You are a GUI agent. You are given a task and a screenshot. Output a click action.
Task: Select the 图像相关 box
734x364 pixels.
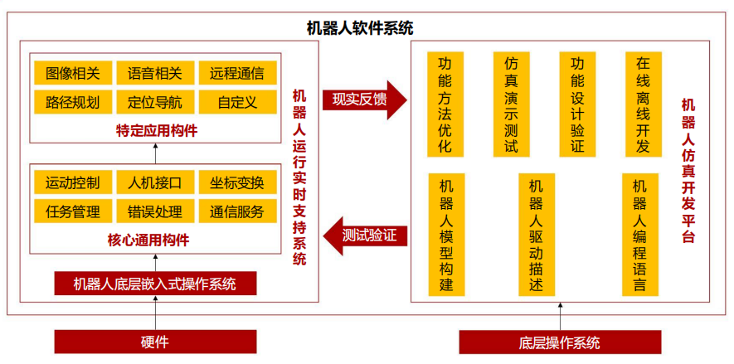(x=73, y=73)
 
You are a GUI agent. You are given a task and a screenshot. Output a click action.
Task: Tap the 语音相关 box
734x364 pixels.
(x=155, y=73)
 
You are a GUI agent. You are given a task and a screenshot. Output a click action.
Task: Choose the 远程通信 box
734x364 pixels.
(x=237, y=73)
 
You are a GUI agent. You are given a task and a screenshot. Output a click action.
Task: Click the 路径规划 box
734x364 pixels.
(x=73, y=102)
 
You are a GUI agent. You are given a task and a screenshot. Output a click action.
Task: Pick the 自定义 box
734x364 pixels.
(x=237, y=102)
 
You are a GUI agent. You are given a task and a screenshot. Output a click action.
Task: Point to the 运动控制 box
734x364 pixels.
(x=73, y=182)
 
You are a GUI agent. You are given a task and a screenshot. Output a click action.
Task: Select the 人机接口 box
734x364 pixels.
(x=155, y=182)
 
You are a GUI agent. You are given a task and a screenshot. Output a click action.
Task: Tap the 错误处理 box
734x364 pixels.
(x=155, y=211)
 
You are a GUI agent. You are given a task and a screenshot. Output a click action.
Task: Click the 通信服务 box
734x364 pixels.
(x=237, y=211)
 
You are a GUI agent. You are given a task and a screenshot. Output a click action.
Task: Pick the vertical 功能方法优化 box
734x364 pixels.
(x=445, y=104)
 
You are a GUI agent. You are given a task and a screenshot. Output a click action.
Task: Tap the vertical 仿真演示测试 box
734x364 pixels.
(x=511, y=104)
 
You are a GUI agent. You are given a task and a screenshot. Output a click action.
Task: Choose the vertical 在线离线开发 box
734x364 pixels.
(x=643, y=104)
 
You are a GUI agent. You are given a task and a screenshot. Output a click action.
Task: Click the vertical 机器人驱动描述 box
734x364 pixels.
(x=536, y=234)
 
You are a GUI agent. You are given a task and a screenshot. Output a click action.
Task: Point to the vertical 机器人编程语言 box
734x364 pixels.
(x=639, y=234)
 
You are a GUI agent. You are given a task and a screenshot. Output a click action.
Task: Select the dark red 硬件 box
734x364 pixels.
(x=155, y=342)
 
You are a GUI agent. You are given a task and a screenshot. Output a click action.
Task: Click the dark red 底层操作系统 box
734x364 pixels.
(x=560, y=342)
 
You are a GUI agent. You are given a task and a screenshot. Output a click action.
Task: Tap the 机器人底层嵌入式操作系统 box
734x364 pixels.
(x=155, y=284)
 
